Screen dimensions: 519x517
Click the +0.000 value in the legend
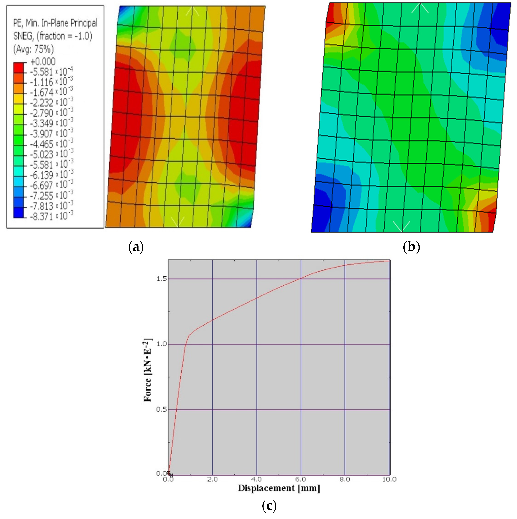click(43, 61)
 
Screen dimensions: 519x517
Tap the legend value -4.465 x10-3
click(51, 144)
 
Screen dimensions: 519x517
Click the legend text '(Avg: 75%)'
click(33, 49)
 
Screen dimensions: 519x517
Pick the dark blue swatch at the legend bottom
click(18, 212)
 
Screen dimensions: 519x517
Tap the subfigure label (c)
click(269, 506)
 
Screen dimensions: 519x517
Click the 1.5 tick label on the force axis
click(162, 279)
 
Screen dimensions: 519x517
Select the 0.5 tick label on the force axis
click(162, 409)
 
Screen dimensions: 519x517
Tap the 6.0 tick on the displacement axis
click(301, 479)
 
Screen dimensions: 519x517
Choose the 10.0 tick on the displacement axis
click(389, 479)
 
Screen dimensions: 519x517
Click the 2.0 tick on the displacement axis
click(212, 479)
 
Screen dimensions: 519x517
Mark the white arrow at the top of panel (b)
click(420, 8)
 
